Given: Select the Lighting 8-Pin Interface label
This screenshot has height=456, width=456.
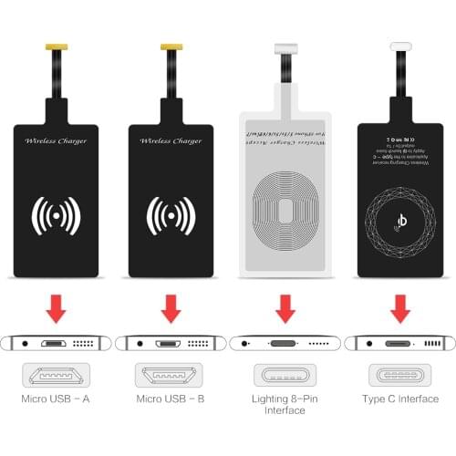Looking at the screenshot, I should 284,404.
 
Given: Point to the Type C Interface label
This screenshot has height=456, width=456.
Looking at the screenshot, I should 399,399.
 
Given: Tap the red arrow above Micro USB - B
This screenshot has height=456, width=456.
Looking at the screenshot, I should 170,310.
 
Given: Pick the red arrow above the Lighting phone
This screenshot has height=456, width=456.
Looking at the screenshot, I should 285,310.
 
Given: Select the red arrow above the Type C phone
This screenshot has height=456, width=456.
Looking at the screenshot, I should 399,310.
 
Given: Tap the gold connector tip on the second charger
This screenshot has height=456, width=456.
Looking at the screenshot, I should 170,46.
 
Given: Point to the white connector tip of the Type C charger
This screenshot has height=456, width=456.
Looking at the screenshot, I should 399,46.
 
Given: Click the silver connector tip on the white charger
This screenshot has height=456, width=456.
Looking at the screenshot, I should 285,46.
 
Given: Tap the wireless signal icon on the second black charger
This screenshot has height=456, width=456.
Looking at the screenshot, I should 170,216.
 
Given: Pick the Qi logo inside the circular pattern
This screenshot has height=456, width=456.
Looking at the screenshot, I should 399,219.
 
